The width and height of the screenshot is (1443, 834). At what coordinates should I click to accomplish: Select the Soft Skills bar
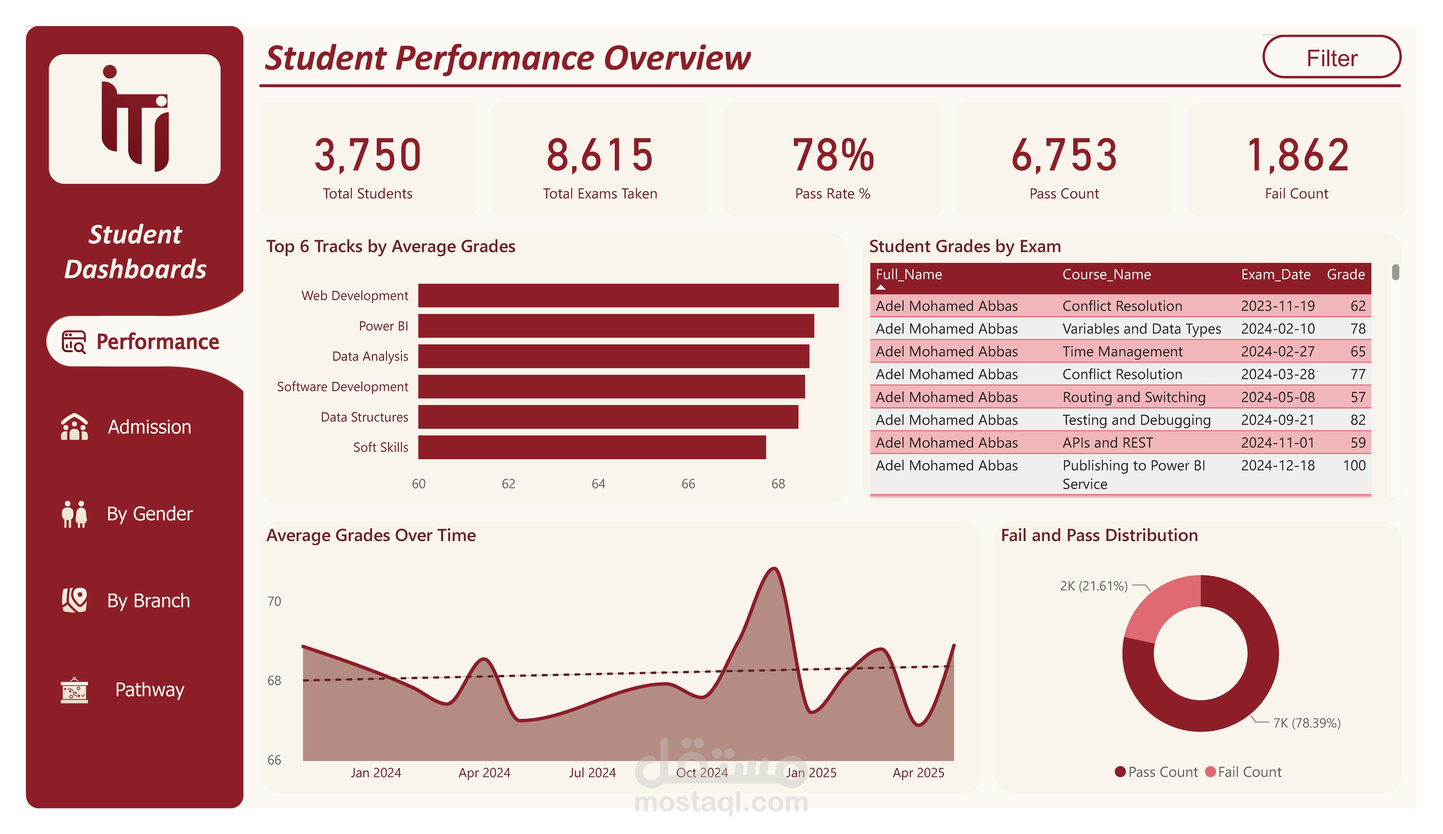(x=592, y=447)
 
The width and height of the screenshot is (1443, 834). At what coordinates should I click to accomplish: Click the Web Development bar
(x=628, y=295)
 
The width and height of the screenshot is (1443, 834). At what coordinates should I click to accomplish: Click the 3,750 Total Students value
(x=368, y=155)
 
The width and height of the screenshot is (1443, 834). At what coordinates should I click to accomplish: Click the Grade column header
(x=1346, y=275)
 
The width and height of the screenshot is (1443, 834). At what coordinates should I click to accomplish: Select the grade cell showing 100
(x=1354, y=465)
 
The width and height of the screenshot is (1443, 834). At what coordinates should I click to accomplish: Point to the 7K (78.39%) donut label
(x=1307, y=723)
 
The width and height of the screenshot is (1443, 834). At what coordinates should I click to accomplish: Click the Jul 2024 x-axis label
(x=592, y=773)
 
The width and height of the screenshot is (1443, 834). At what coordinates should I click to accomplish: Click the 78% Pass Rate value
(x=833, y=155)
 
